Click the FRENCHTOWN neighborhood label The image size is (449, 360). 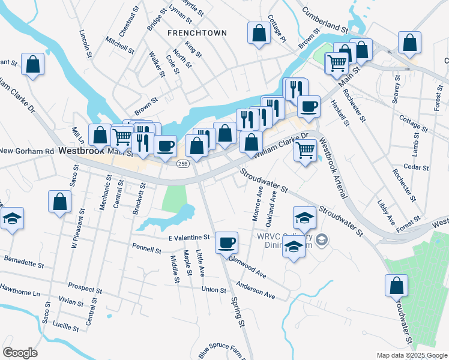188,32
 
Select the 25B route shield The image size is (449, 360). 183,163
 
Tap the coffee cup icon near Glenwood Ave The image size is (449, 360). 226,242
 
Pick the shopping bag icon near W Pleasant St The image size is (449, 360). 60,202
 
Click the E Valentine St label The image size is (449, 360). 188,238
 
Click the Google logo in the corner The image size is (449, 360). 20,353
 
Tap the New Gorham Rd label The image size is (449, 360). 27,151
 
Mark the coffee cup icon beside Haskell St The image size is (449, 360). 309,107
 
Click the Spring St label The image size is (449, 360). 238,313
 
